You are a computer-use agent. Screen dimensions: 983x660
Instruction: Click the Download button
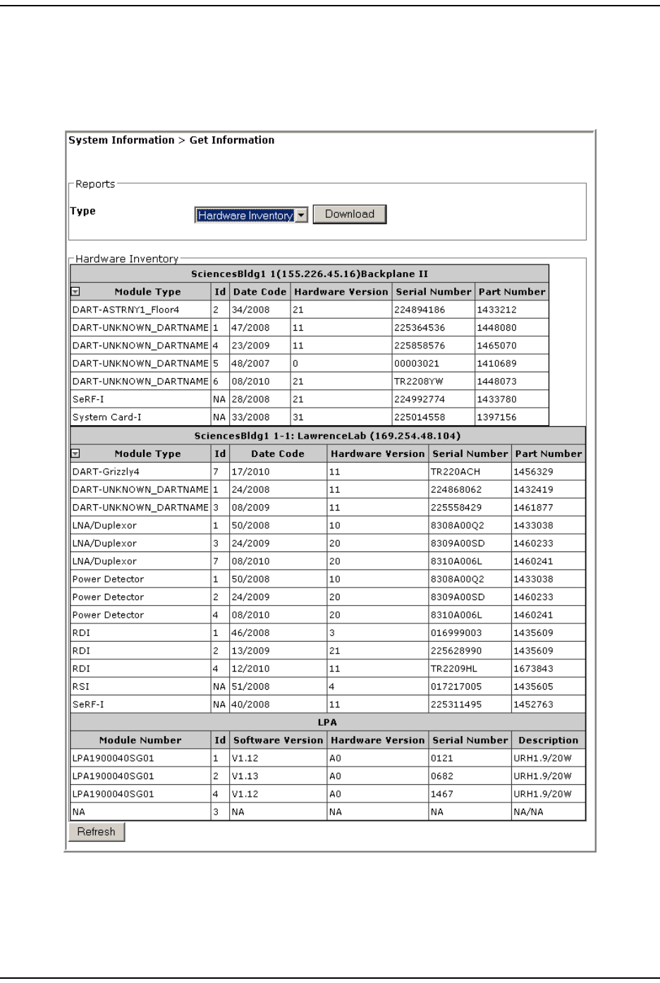click(350, 214)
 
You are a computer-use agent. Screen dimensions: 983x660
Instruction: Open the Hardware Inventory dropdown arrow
click(301, 216)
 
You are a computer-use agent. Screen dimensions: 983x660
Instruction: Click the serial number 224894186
click(420, 310)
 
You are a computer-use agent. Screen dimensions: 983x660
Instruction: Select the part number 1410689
click(496, 363)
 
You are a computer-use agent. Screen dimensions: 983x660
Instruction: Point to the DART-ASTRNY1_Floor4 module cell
click(126, 310)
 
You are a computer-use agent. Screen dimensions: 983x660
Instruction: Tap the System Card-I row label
click(106, 417)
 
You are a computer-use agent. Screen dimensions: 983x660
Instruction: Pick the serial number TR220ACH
click(451, 472)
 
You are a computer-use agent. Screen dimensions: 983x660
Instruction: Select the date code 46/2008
click(250, 633)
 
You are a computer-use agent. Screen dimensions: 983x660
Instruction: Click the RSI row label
click(81, 686)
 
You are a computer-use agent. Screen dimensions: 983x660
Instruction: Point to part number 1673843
click(533, 668)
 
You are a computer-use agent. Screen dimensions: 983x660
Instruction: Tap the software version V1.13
click(246, 776)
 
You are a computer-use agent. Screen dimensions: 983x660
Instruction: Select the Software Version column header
click(278, 740)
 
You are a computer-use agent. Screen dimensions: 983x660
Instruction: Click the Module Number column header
click(140, 740)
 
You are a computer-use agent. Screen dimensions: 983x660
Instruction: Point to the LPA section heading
click(327, 722)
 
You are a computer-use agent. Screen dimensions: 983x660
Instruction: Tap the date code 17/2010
click(250, 472)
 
